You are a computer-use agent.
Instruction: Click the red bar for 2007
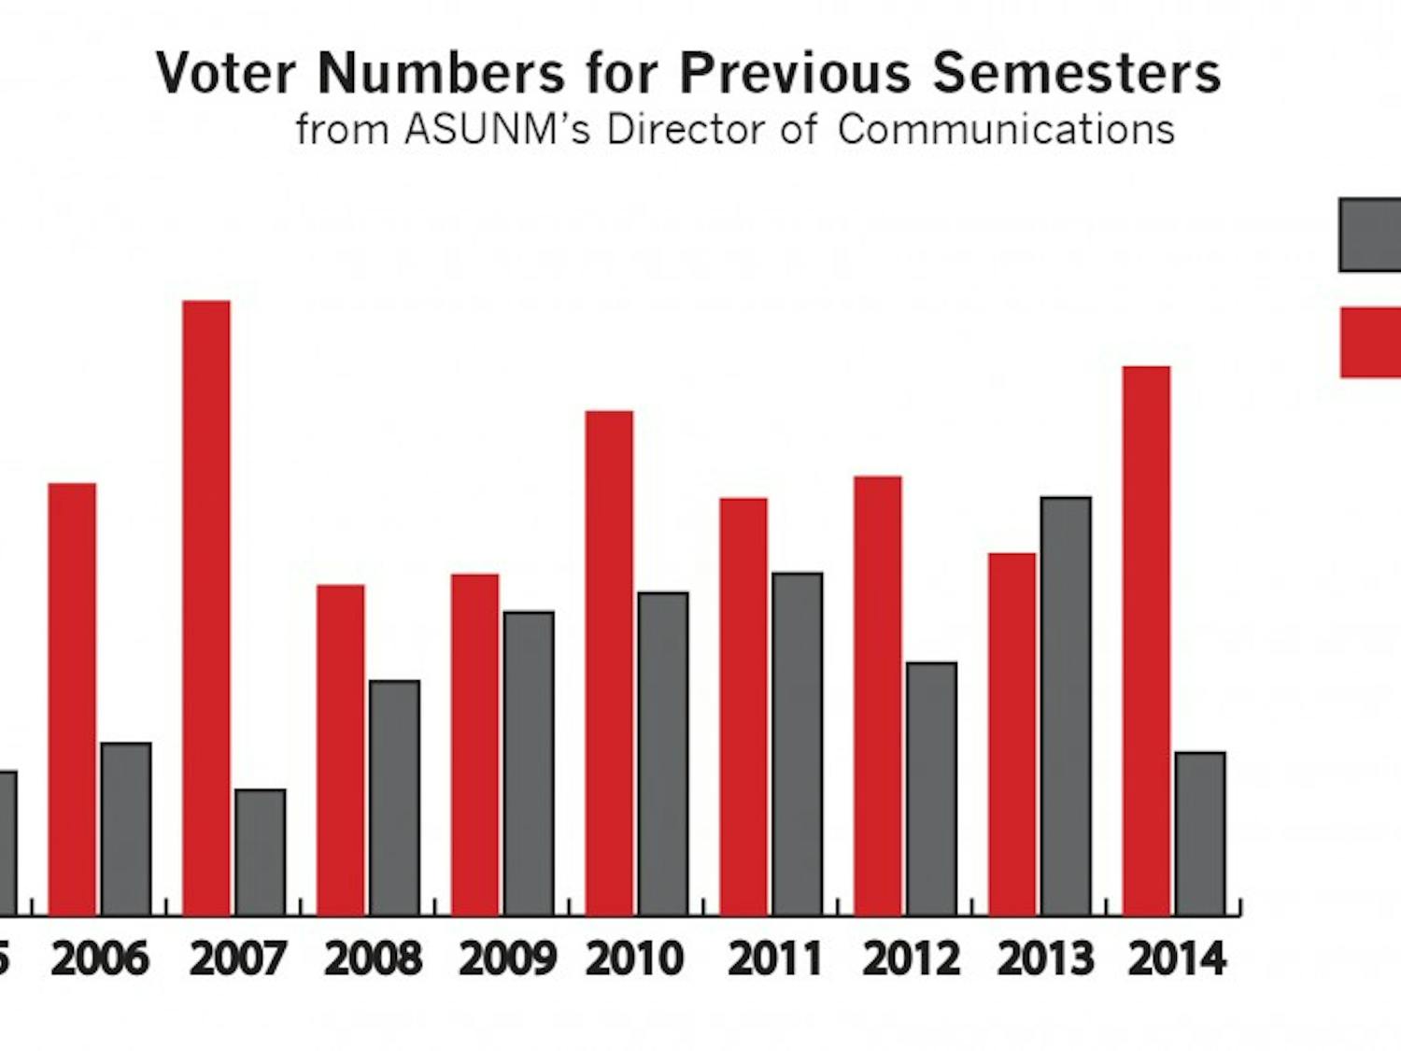click(206, 607)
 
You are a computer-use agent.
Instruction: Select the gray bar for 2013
click(1066, 705)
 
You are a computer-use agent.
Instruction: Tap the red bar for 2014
click(1146, 640)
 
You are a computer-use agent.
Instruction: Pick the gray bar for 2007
click(261, 852)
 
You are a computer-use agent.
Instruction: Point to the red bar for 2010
click(609, 662)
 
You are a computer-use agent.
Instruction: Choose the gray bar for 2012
click(931, 788)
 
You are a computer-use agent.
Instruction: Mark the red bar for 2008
click(341, 749)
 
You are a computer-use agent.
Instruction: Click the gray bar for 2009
click(529, 763)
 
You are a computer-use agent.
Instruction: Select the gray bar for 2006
click(126, 829)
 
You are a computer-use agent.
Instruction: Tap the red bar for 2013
click(1012, 733)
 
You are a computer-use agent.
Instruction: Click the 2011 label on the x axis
click(775, 959)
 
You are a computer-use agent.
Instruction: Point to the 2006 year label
click(100, 959)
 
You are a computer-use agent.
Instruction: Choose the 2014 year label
click(1177, 959)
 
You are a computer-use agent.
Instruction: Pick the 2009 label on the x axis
click(507, 959)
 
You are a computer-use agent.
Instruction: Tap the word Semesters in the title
click(1077, 73)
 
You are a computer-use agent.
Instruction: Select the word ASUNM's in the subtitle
click(498, 130)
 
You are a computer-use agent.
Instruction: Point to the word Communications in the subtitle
click(1006, 130)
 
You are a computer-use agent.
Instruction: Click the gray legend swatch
click(1370, 234)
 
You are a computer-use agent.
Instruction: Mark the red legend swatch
click(1370, 342)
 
